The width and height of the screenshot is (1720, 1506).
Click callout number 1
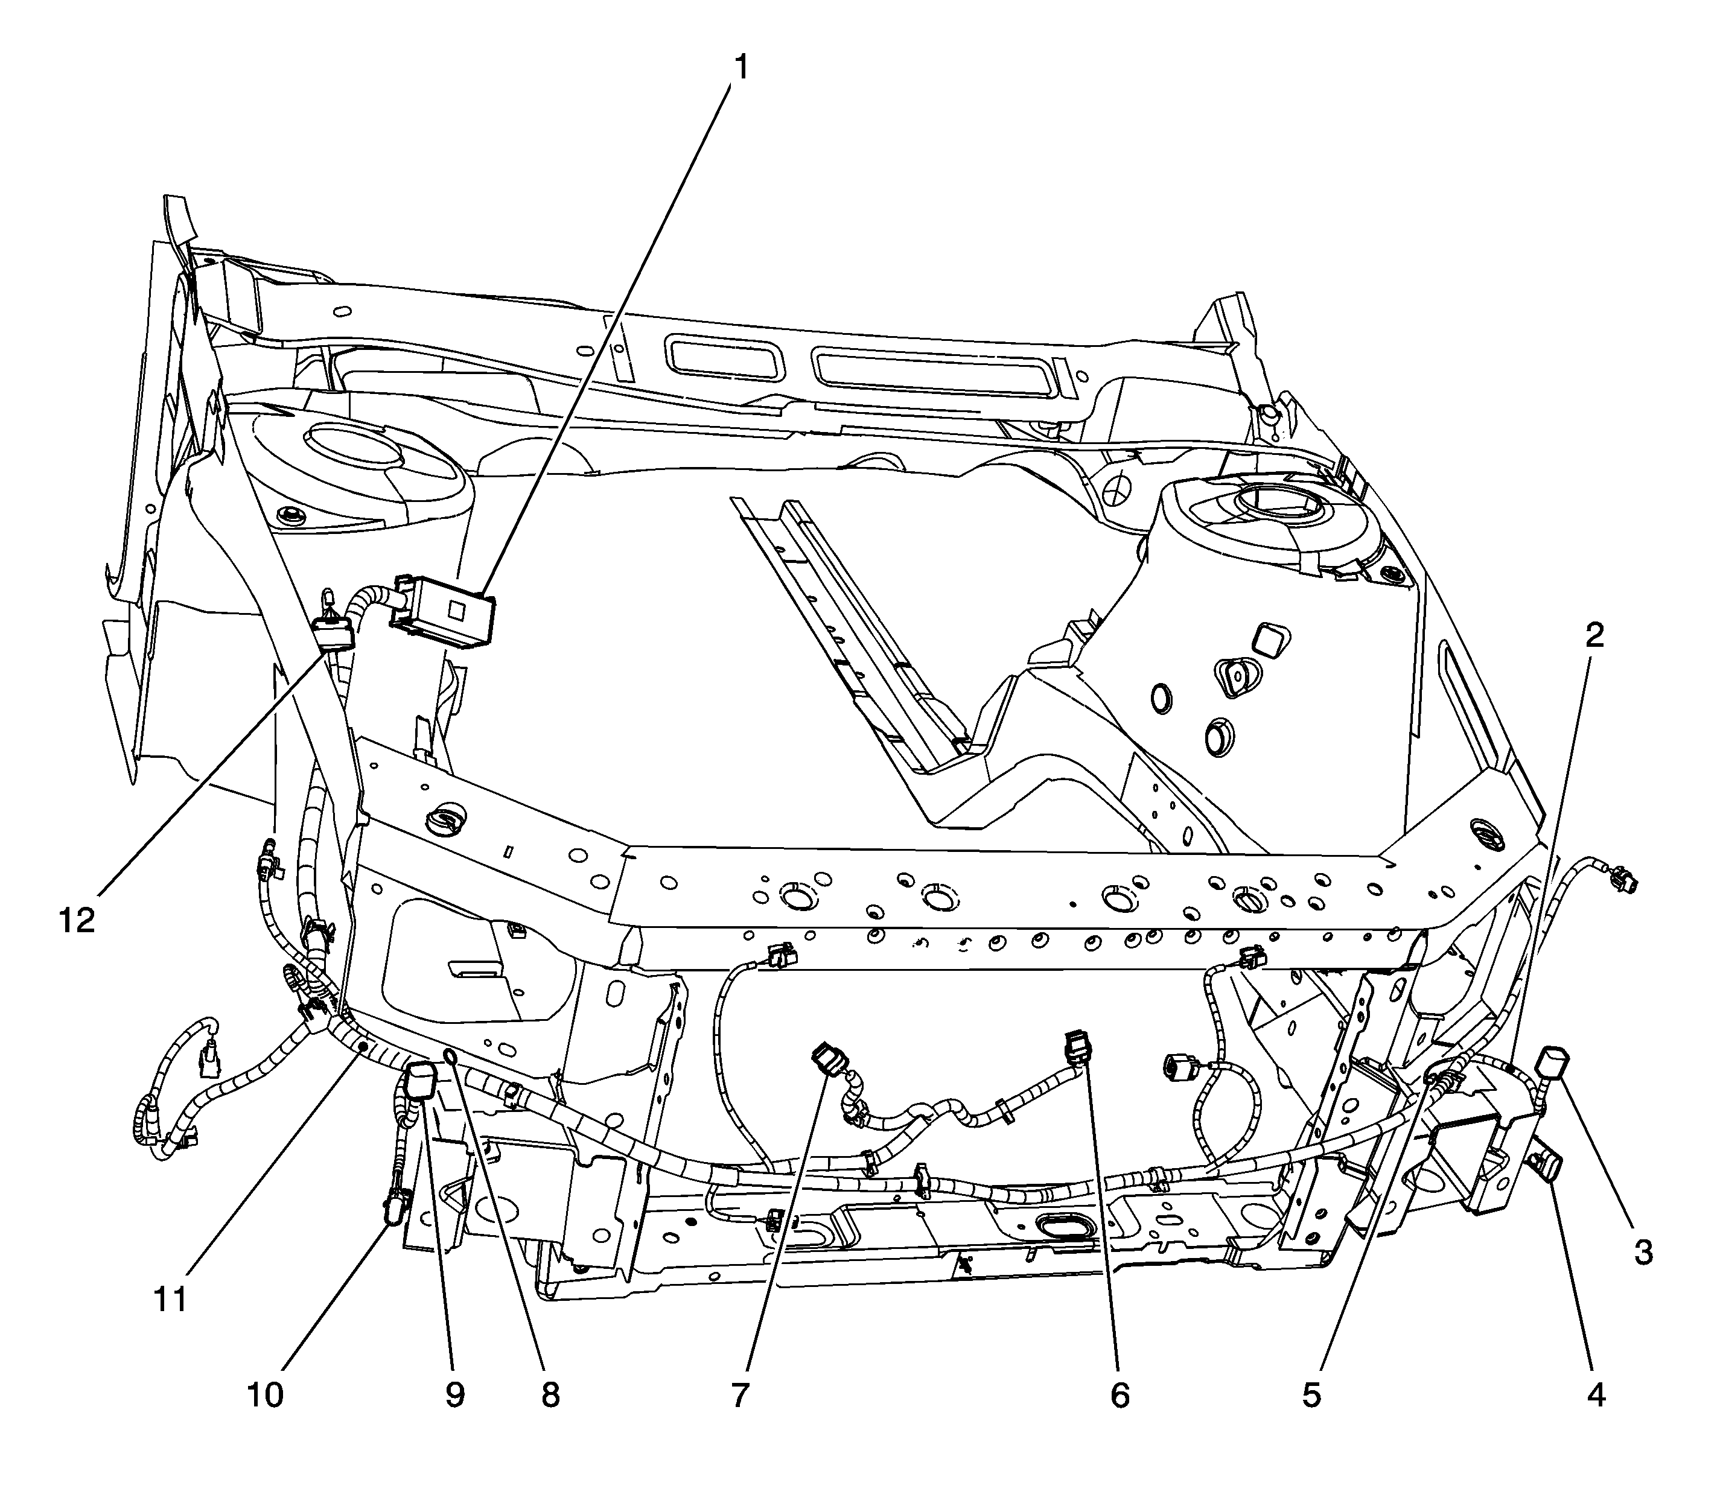click(741, 67)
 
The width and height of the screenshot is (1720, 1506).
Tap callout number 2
click(1594, 635)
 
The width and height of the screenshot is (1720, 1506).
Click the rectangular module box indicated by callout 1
click(444, 612)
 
